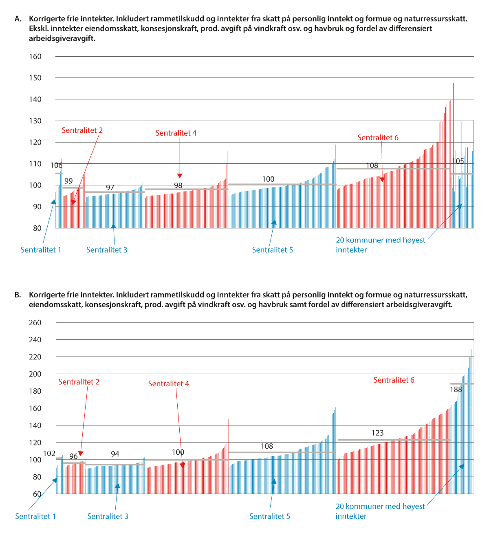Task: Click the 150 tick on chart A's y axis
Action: click(x=35, y=78)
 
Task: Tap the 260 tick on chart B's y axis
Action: click(x=35, y=323)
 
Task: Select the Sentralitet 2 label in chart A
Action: click(x=82, y=130)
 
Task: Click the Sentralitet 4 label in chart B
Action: click(x=168, y=384)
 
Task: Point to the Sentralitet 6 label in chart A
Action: click(x=378, y=138)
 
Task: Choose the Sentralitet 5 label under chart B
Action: click(x=270, y=517)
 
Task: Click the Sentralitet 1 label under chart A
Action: click(x=41, y=250)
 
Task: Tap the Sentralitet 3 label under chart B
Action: click(x=108, y=517)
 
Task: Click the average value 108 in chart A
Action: click(x=372, y=165)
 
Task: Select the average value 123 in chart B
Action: click(x=377, y=433)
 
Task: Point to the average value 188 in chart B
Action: click(x=456, y=390)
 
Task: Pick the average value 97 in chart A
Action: click(x=110, y=188)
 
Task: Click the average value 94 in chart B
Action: click(x=115, y=454)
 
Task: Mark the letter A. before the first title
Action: click(x=18, y=19)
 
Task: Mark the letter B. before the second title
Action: click(x=18, y=295)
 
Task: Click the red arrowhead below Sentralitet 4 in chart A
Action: click(x=180, y=176)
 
